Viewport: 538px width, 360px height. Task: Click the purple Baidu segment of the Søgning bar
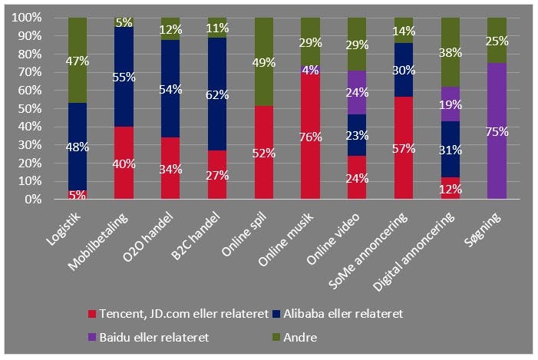(497, 131)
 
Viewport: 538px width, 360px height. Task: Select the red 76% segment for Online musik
(310, 130)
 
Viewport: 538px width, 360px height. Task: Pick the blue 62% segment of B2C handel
(217, 94)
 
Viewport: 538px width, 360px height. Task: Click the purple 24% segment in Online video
(357, 92)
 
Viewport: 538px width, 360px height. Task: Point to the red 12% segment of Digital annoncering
(451, 189)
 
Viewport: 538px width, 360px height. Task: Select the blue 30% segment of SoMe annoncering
(404, 69)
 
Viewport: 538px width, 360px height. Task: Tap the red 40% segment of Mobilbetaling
(124, 163)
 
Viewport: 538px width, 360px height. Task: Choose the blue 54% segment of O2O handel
(170, 89)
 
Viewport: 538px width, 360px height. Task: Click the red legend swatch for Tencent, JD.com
(92, 314)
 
